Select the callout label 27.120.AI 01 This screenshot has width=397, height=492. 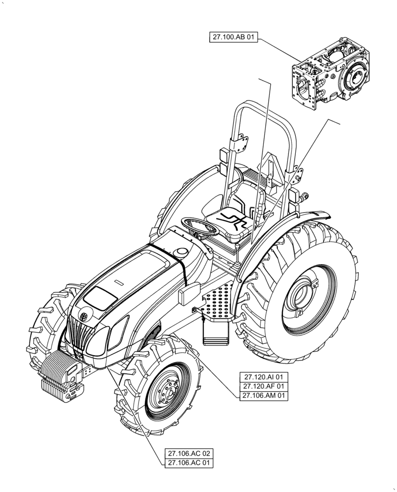(264, 377)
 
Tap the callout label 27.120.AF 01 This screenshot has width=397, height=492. (264, 386)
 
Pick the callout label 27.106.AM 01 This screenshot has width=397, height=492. (264, 396)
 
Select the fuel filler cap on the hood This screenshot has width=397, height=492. (182, 252)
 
